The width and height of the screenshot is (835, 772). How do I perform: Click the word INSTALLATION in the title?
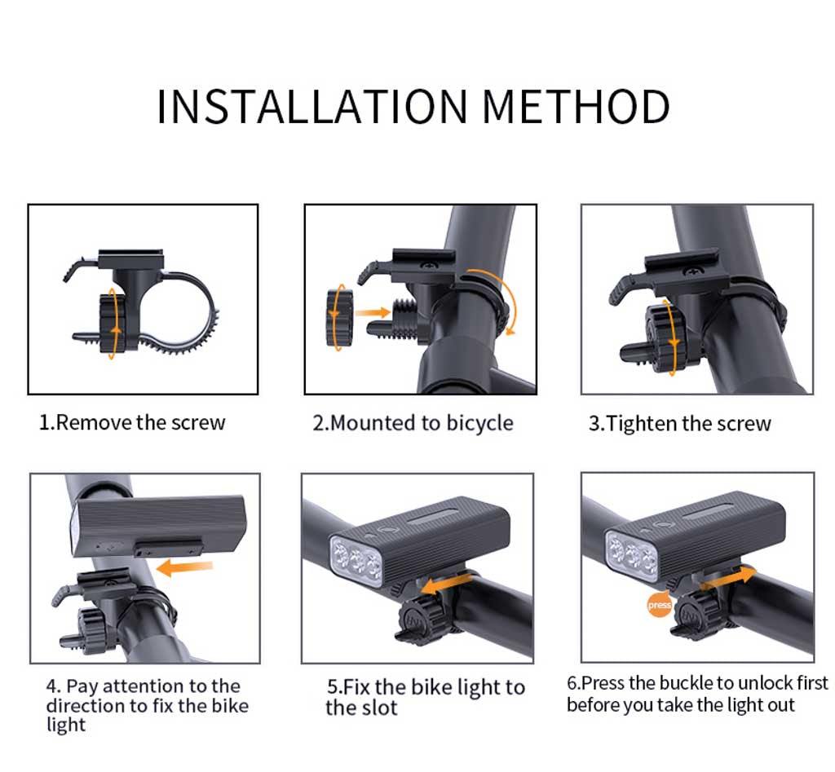(312, 107)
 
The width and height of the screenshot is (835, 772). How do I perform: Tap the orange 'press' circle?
(659, 605)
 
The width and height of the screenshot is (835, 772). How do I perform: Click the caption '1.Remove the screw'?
(132, 422)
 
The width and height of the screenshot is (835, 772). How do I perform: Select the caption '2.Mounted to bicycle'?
(413, 423)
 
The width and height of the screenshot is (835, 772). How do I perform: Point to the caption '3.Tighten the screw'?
(679, 424)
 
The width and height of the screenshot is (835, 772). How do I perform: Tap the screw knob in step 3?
(662, 336)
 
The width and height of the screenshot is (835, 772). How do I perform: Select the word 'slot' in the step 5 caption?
(378, 708)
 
